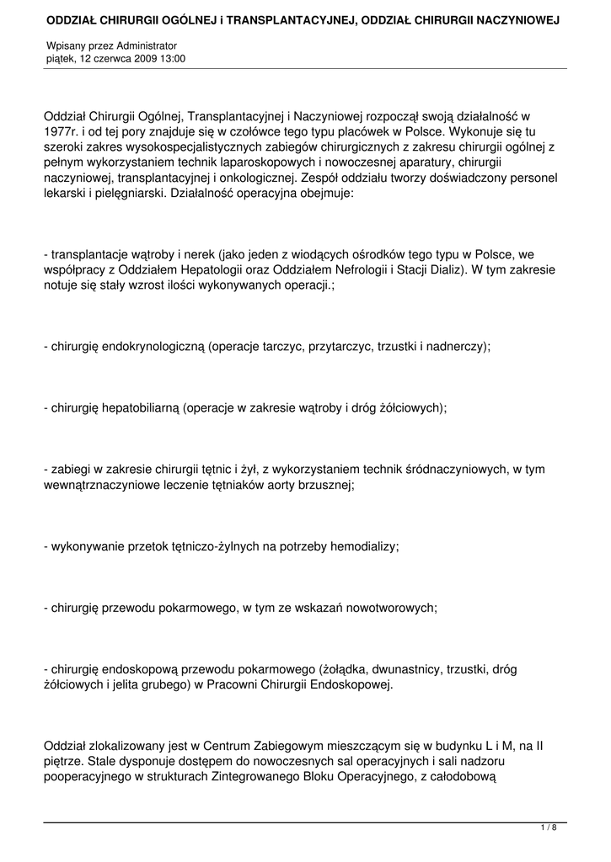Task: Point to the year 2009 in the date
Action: coord(140,59)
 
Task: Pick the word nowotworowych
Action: coord(390,607)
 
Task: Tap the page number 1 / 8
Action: coord(549,828)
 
